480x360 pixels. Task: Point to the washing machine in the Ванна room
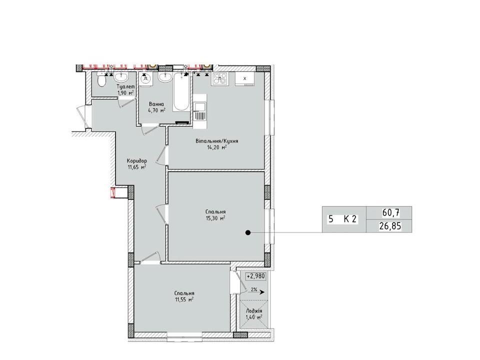[145, 78]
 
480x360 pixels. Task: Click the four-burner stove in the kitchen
[220, 79]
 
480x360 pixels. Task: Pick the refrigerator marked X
[244, 78]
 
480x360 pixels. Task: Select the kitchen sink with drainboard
[200, 111]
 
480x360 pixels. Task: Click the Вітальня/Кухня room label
[216, 141]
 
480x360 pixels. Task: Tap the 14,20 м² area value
[216, 147]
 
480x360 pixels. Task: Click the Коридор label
[137, 160]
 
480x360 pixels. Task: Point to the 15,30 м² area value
[215, 218]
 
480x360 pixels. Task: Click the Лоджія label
[254, 311]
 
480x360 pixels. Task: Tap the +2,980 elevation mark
[255, 276]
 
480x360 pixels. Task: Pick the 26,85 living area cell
[389, 226]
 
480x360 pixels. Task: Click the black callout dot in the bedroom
[248, 232]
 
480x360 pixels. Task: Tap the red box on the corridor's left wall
[113, 193]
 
